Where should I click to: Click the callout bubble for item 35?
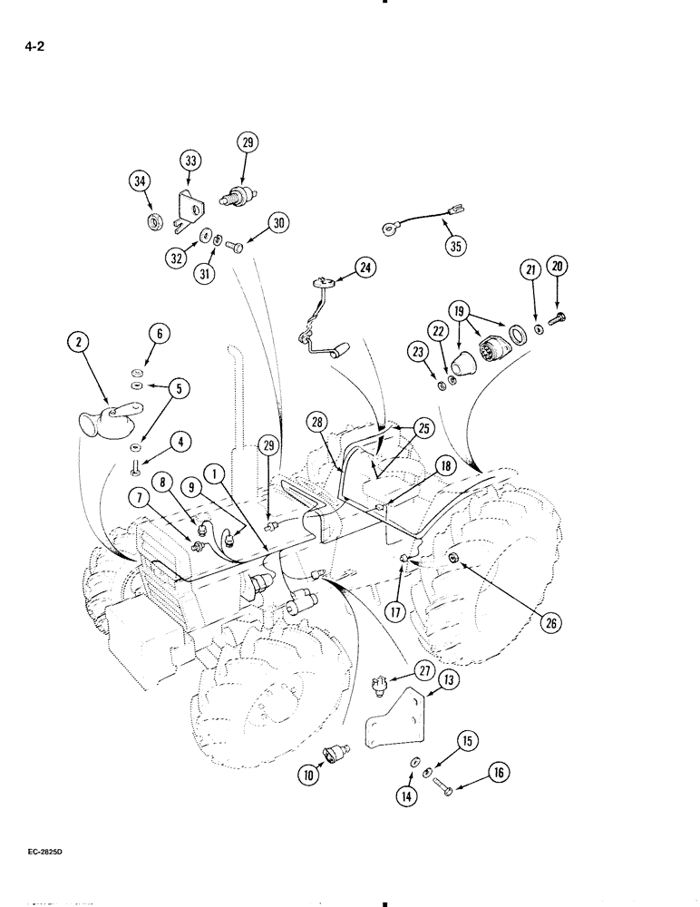[454, 245]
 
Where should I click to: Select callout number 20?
[556, 267]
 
